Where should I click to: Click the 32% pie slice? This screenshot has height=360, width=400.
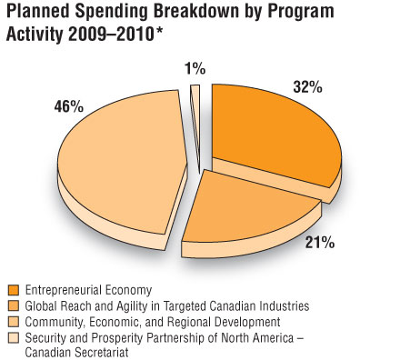point(273,136)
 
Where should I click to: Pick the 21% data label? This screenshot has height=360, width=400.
point(319,244)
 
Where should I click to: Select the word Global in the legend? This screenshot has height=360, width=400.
point(41,305)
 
